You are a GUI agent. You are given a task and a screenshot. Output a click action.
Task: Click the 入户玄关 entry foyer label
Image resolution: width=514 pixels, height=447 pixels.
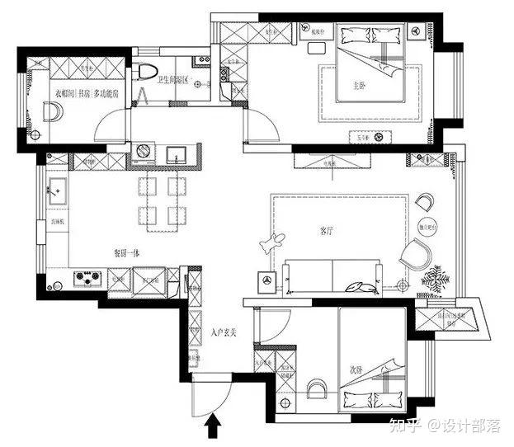[x=224, y=332]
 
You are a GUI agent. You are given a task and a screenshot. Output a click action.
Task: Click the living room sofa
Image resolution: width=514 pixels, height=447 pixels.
[x=332, y=275]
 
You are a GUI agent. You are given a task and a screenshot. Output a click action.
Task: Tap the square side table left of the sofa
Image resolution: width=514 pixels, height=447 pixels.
[x=266, y=280]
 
